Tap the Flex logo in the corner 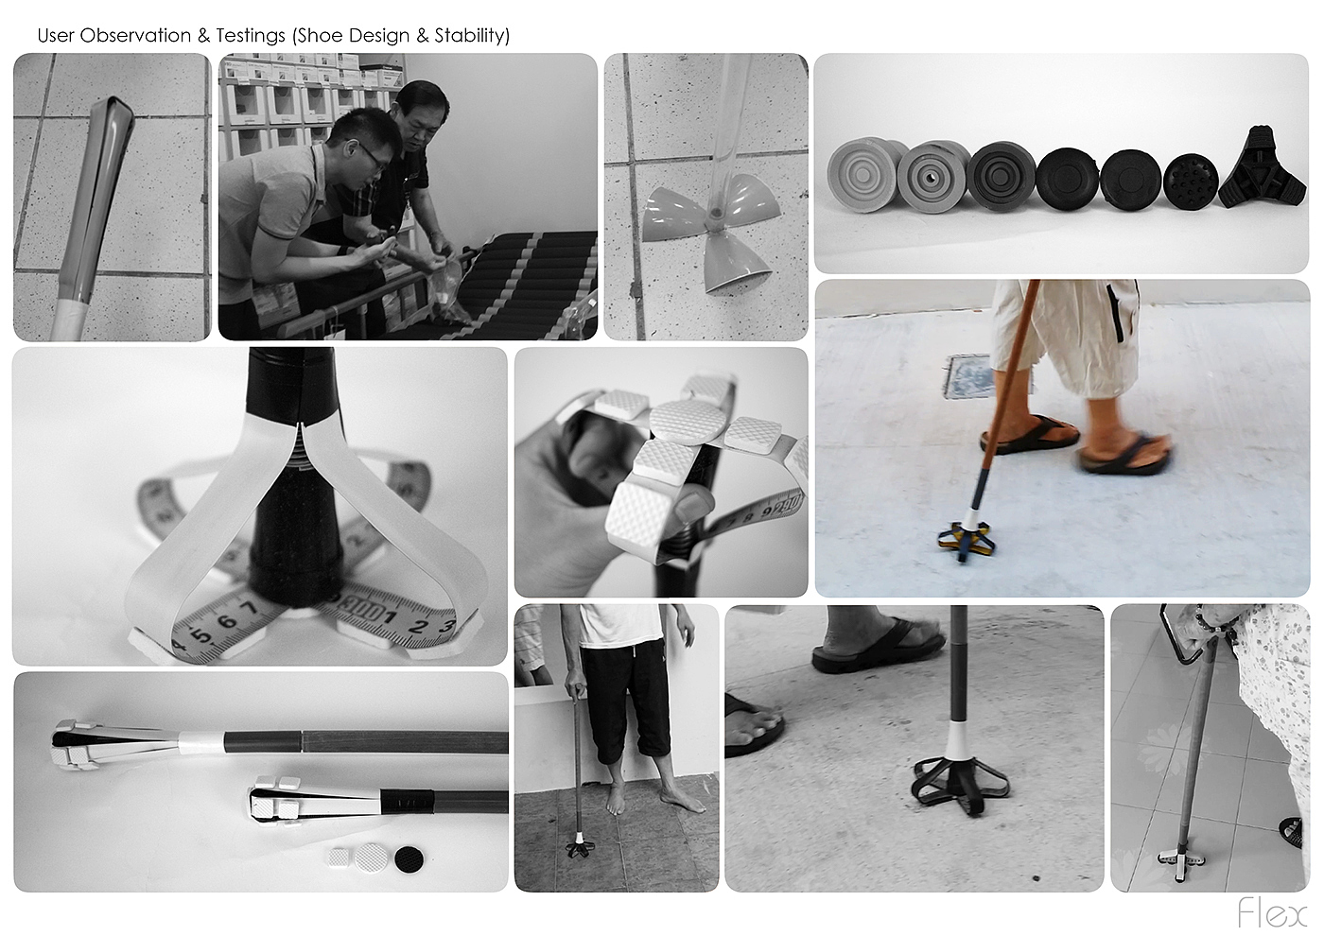[x=1273, y=913]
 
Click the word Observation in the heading [x=135, y=36]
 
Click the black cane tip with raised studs [x=1191, y=181]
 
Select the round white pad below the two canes [x=372, y=858]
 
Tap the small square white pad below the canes [x=340, y=858]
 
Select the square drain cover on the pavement [x=970, y=376]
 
